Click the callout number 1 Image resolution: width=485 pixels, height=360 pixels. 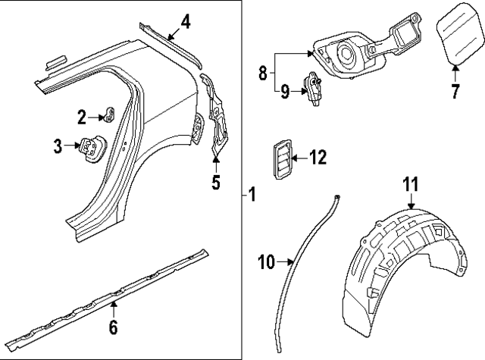pos(252,196)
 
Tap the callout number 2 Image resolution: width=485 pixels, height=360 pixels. pos(82,117)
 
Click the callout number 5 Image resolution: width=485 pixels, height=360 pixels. pos(216,183)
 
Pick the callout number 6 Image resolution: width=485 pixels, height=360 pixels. pos(113,327)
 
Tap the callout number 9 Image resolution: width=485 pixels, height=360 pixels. pos(284,93)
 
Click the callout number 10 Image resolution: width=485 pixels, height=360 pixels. pos(265,262)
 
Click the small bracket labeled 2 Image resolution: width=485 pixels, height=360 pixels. pos(109,115)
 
